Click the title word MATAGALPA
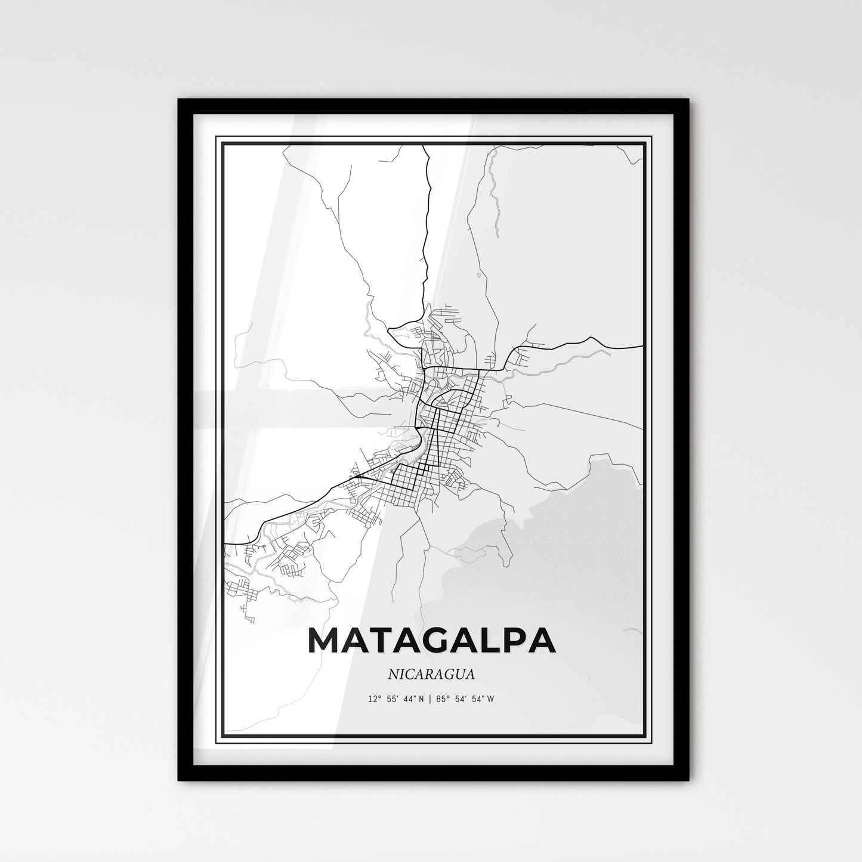click(431, 640)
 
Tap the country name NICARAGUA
click(431, 675)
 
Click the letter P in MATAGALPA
click(512, 640)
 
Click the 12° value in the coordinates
click(375, 699)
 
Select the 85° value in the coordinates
click(444, 699)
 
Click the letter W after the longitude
click(490, 699)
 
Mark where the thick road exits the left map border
click(225, 544)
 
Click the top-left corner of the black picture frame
click(179, 100)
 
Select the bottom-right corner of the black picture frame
click(688, 780)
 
